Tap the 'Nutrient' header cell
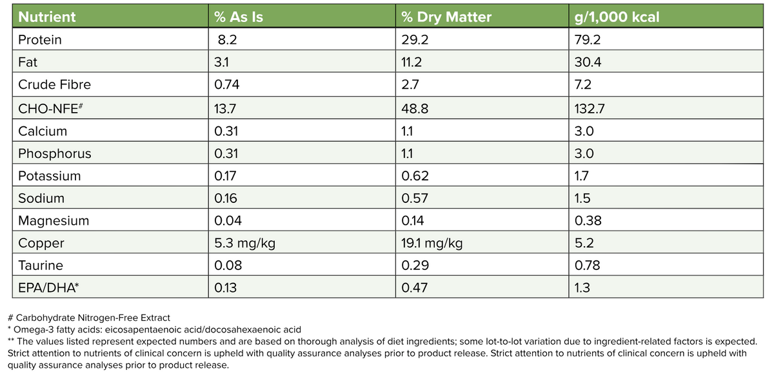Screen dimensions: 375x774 click(46, 17)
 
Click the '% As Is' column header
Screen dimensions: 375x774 click(239, 17)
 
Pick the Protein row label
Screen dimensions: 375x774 click(40, 40)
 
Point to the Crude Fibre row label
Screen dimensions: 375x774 click(55, 85)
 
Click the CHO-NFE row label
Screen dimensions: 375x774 click(48, 108)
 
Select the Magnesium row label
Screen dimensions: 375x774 click(54, 221)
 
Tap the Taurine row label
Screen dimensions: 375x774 click(41, 265)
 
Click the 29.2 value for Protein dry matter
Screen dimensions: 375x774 click(415, 40)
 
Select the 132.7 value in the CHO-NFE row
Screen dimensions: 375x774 click(589, 108)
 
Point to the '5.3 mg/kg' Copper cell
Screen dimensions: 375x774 click(245, 244)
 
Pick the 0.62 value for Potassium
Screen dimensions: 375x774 click(415, 176)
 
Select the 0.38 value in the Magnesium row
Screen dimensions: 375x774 click(588, 221)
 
